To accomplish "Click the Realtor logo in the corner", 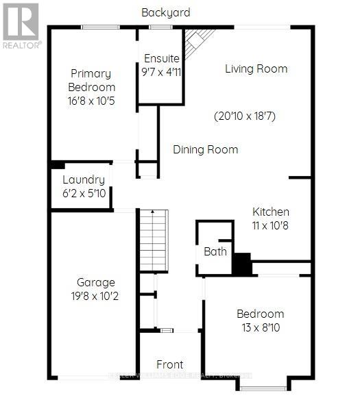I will click(21, 25).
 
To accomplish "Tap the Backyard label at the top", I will click(166, 12).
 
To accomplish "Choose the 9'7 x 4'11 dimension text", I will click(161, 71).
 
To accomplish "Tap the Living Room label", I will click(256, 68).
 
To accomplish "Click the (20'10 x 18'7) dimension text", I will click(244, 116).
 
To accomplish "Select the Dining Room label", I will click(205, 149).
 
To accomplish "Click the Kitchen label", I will click(270, 212).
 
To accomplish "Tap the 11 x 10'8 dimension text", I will click(270, 225).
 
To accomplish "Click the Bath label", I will click(215, 251).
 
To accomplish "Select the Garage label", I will click(95, 282).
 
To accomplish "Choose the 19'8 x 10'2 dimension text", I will click(95, 296).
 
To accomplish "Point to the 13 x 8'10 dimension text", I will click(260, 327).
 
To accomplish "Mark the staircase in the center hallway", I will click(154, 239).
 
